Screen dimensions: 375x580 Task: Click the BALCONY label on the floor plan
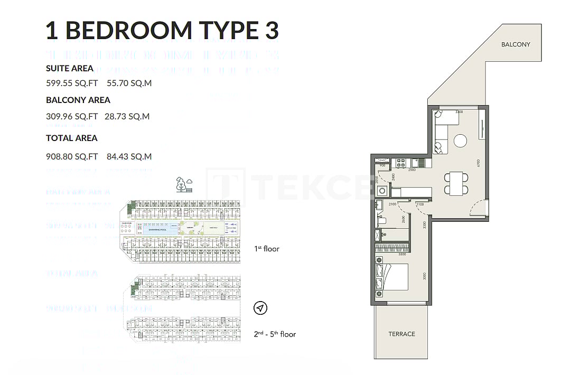(515, 44)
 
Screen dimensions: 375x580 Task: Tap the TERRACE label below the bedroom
(401, 334)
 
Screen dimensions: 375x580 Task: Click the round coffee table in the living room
(461, 140)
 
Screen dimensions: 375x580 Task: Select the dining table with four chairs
(456, 183)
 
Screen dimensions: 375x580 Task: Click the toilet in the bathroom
(383, 221)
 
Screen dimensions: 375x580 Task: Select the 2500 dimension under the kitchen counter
(412, 170)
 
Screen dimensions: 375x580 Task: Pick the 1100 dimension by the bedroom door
(420, 204)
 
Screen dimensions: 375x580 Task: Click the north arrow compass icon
(260, 308)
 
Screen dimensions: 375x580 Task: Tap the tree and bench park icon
(184, 184)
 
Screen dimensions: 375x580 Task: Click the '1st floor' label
(267, 248)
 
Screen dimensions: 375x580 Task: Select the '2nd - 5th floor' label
(275, 334)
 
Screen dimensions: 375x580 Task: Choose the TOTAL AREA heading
(71, 138)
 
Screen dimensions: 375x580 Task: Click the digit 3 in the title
(271, 31)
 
